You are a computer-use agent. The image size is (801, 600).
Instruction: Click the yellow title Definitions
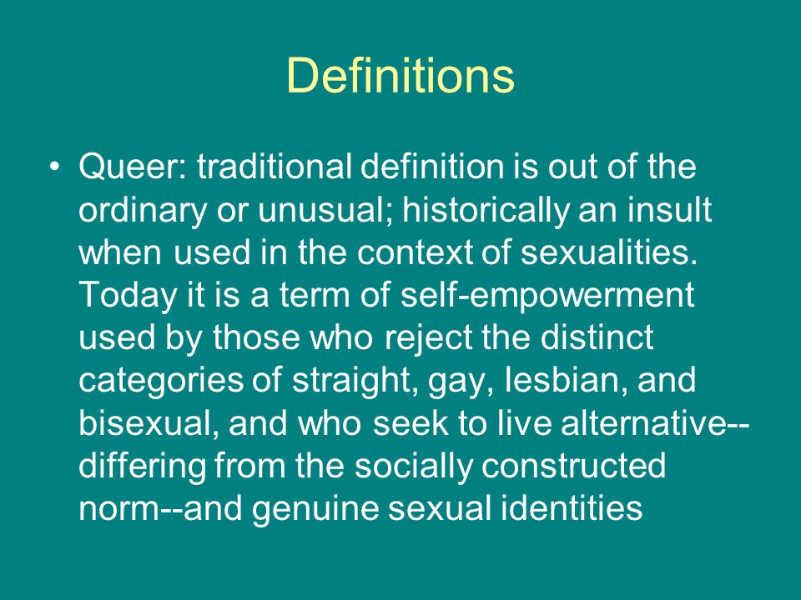point(400,76)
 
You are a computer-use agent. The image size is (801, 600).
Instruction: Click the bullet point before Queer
point(55,167)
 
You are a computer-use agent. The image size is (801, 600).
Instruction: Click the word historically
point(486,211)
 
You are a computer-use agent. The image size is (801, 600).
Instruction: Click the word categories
point(161,381)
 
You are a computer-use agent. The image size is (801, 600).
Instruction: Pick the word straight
point(353,381)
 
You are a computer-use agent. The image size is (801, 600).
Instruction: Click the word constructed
point(574,466)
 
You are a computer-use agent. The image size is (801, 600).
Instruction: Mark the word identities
point(571,507)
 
